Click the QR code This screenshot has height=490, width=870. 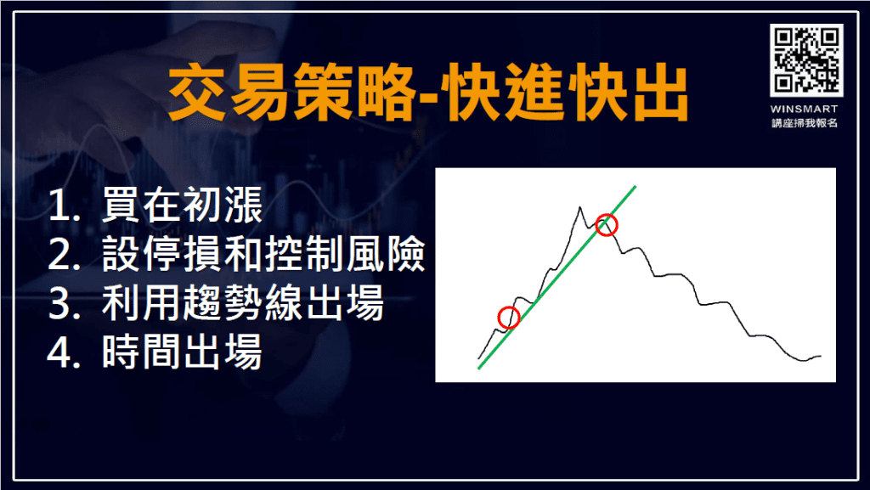click(806, 59)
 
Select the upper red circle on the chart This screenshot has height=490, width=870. click(606, 225)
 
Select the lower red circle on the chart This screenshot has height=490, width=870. click(508, 318)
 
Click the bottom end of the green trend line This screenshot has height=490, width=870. click(479, 369)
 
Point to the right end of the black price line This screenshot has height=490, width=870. click(822, 356)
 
